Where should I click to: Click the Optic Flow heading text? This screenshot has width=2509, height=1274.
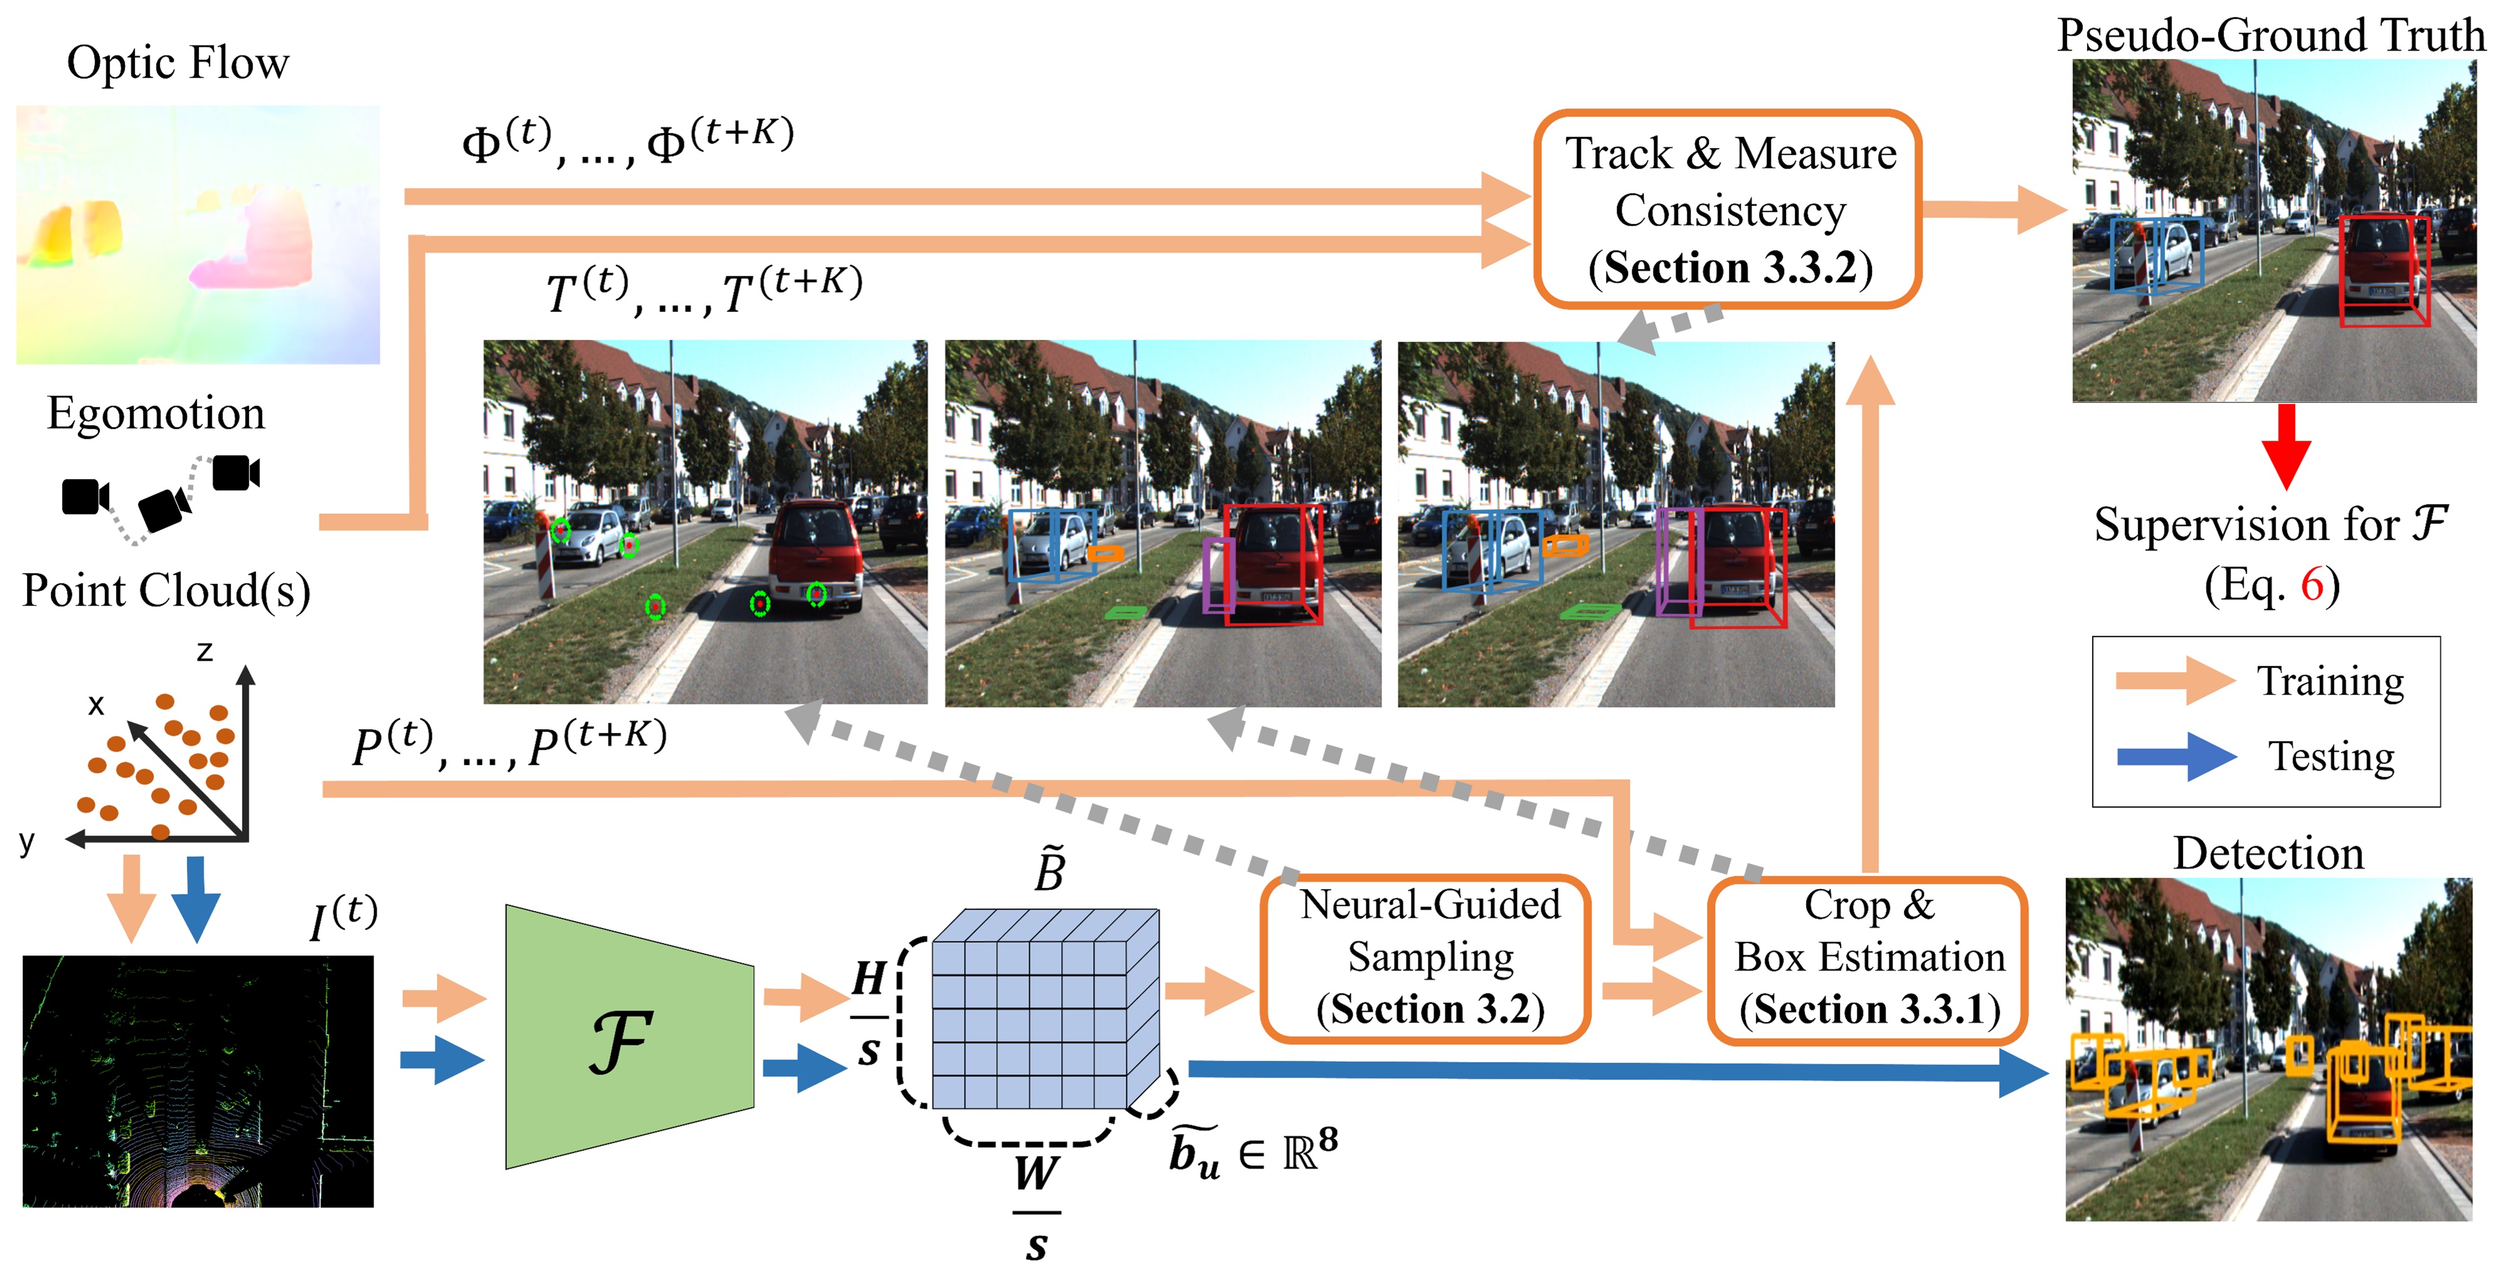[x=177, y=63]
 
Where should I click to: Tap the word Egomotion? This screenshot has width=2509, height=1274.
[x=156, y=413]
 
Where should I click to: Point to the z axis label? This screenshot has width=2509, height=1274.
[x=204, y=651]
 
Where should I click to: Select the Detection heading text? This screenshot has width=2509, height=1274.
[x=2268, y=853]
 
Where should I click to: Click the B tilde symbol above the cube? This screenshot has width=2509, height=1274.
[x=1049, y=869]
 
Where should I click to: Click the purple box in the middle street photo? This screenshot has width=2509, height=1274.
[x=1217, y=575]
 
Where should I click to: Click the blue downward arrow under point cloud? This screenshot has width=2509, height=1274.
[x=195, y=896]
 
